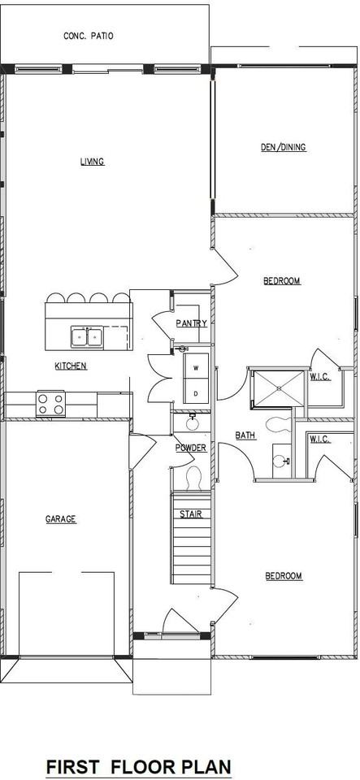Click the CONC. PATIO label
(x=89, y=36)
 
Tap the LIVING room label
(x=92, y=161)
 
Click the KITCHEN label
(x=71, y=366)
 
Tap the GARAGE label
(x=60, y=518)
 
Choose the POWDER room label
(x=191, y=448)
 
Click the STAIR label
(x=191, y=513)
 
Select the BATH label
(x=245, y=435)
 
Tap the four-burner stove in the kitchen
(x=50, y=401)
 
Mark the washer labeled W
(x=196, y=368)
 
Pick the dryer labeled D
(x=196, y=393)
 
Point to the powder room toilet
(x=193, y=477)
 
